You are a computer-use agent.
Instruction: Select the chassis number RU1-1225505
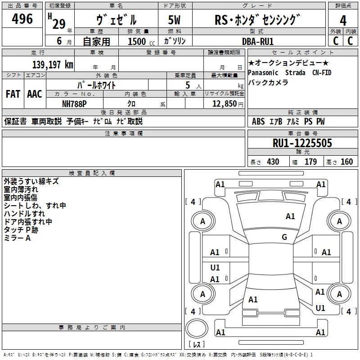coord(302,143)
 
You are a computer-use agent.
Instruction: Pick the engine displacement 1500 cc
coord(140,41)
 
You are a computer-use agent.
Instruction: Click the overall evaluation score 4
coord(343,20)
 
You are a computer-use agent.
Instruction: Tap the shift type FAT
coord(13,94)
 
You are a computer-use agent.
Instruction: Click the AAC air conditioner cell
coord(35,94)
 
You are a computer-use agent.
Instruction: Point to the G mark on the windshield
coord(284,237)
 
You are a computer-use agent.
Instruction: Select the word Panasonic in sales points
coord(264,72)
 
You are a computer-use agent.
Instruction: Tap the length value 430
coord(273,162)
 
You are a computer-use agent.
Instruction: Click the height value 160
coord(346,162)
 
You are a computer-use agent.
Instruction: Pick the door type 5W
coord(175,20)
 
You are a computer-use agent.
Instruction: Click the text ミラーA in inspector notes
coord(17,238)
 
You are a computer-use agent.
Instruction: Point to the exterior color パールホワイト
coord(97,85)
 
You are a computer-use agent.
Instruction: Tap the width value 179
coord(310,162)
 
